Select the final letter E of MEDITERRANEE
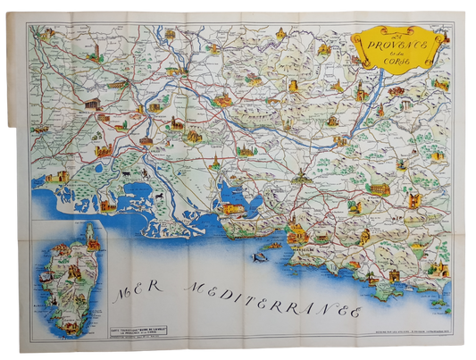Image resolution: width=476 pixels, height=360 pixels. pos(355,314)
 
